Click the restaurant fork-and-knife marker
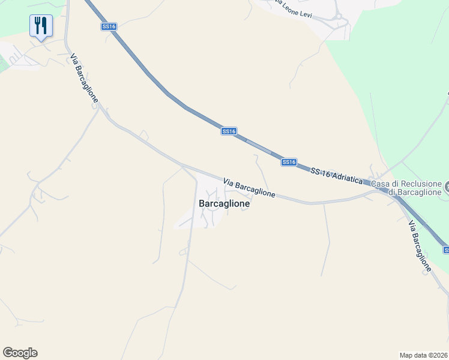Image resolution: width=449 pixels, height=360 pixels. (41, 26)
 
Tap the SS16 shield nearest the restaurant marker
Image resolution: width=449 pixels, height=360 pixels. (109, 26)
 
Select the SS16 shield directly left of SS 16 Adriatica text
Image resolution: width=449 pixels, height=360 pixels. (289, 162)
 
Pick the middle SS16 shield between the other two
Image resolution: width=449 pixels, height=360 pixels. (229, 131)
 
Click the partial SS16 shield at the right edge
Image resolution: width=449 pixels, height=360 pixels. (446, 249)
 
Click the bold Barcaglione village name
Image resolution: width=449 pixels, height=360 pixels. (224, 203)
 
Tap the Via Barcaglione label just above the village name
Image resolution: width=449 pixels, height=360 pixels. (249, 188)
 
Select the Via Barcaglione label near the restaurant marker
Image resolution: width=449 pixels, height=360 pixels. (84, 78)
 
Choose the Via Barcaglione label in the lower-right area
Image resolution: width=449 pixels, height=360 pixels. (420, 246)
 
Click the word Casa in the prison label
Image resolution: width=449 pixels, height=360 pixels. (381, 183)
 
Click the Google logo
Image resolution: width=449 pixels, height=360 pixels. (20, 353)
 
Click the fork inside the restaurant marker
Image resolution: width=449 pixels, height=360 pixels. (38, 25)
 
